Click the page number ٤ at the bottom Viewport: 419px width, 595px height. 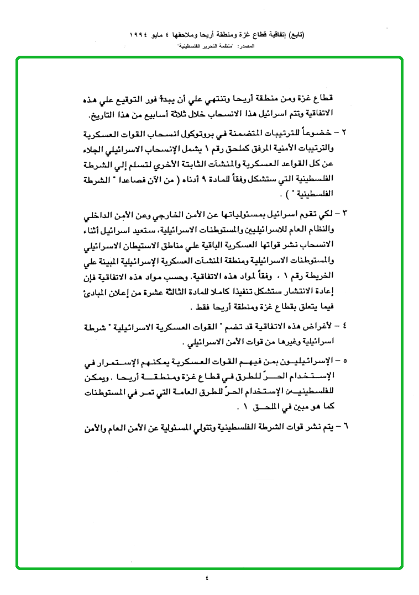(208, 578)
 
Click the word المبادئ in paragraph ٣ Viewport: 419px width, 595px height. (102, 290)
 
